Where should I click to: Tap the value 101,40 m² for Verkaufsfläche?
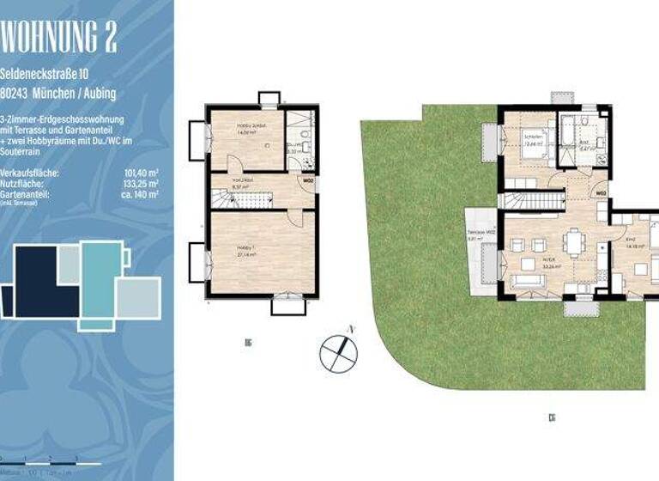click(142, 173)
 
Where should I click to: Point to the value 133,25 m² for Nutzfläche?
click(142, 184)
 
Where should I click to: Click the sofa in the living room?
click(527, 282)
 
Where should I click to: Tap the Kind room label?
click(630, 240)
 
